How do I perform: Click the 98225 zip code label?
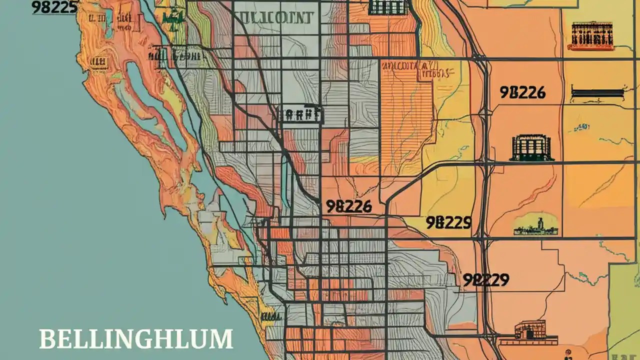pyautogui.click(x=54, y=7)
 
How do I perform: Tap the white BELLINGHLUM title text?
pyautogui.click(x=136, y=339)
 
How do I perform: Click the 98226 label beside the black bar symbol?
pyautogui.click(x=522, y=92)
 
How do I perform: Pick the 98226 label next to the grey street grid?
pyautogui.click(x=348, y=206)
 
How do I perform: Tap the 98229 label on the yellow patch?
pyautogui.click(x=448, y=222)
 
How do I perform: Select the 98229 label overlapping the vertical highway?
pyautogui.click(x=485, y=280)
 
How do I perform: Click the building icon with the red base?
pyautogui.click(x=590, y=36)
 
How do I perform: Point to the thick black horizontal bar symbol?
pyautogui.click(x=596, y=93)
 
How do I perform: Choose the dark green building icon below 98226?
pyautogui.click(x=531, y=148)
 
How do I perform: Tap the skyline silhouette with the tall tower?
pyautogui.click(x=535, y=226)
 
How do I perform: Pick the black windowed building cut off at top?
pyautogui.click(x=388, y=7)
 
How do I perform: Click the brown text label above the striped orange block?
pyautogui.click(x=406, y=69)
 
